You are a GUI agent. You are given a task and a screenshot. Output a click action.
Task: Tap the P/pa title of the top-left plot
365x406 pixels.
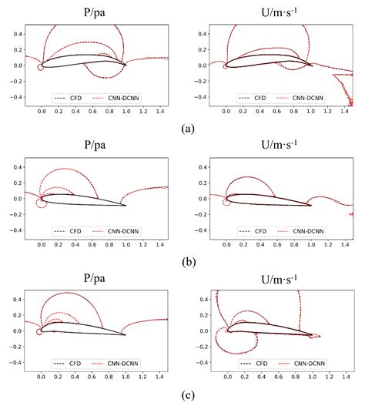tap(96, 12)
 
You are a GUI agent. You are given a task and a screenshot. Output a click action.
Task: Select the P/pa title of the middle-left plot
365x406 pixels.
tap(96, 146)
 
